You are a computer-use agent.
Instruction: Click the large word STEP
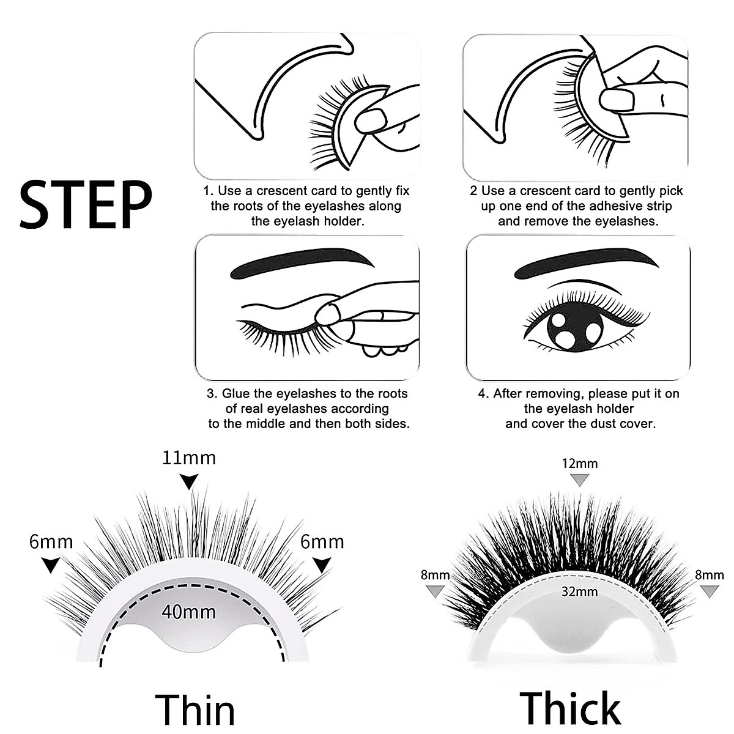coord(86,204)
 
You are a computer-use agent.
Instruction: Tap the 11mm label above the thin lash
coord(189,458)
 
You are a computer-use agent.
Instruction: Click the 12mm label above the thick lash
coord(579,464)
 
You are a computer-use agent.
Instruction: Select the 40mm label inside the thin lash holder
coord(189,611)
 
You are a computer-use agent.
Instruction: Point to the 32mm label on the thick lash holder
coord(579,591)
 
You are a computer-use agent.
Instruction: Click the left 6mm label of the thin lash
coord(51,542)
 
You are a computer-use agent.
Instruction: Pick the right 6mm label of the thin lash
coord(322,542)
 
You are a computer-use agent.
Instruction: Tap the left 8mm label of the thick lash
coord(435,575)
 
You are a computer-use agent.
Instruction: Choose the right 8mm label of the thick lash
coord(710,575)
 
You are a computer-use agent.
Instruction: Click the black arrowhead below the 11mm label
coord(190,483)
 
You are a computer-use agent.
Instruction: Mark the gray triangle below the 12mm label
coord(579,480)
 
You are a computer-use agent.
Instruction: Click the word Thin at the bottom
coord(195,710)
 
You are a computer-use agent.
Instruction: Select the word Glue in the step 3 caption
coord(236,393)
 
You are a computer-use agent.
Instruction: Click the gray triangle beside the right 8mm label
coord(710,591)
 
